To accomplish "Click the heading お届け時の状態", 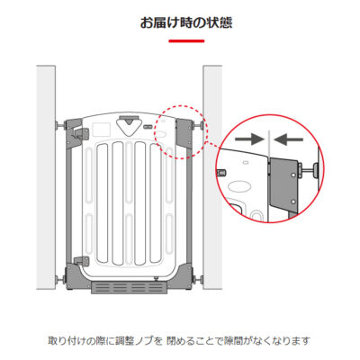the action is (x=186, y=23).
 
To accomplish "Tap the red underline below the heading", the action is (x=186, y=41).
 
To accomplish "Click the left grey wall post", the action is (x=46, y=177).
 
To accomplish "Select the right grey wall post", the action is (x=212, y=177).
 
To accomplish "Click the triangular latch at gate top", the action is (x=129, y=126).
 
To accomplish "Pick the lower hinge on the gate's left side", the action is (x=81, y=260).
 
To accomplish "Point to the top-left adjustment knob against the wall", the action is (x=59, y=125).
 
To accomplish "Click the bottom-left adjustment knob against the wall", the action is (x=59, y=280).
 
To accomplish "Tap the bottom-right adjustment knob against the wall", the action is (x=198, y=280).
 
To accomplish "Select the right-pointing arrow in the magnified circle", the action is (x=249, y=139).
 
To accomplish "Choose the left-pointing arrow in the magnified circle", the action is (x=289, y=139).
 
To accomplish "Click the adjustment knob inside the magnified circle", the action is (x=310, y=170).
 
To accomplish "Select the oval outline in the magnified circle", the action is (x=239, y=187).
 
